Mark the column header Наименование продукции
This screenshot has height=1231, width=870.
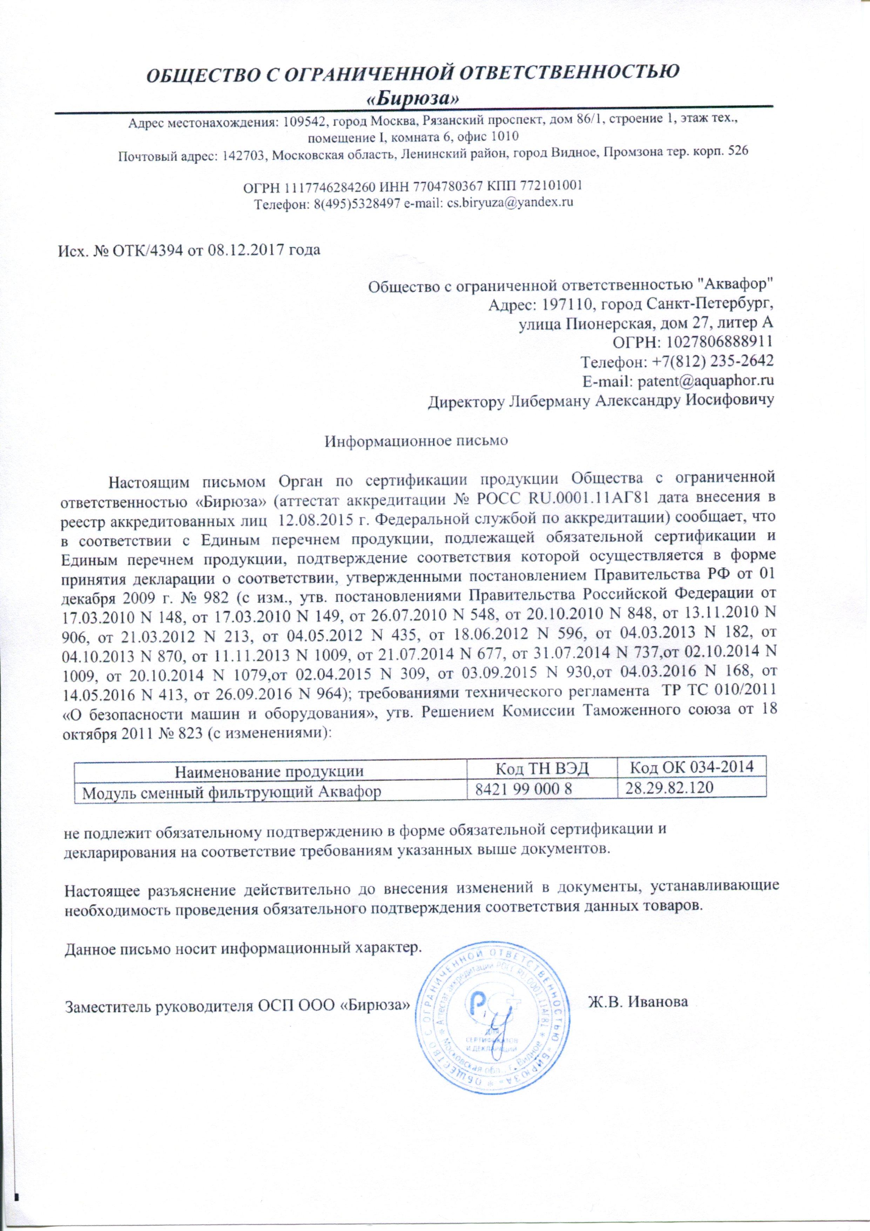[x=270, y=771]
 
